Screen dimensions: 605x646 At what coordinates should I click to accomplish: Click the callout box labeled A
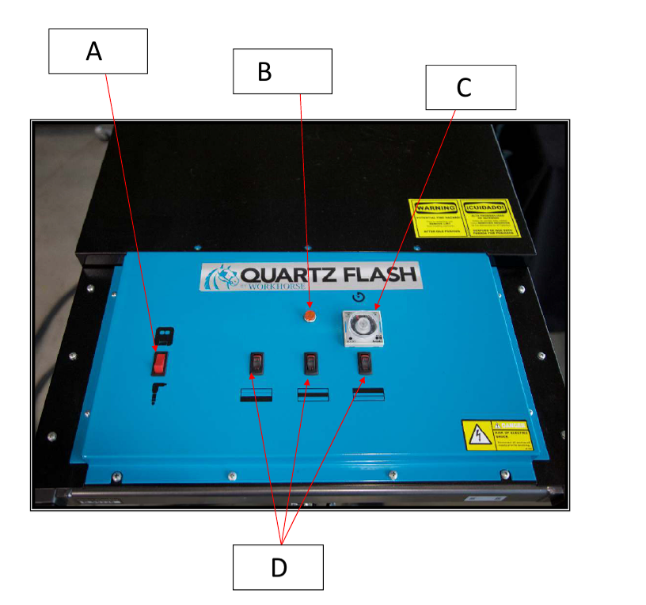point(98,51)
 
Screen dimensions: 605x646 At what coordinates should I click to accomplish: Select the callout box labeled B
point(282,71)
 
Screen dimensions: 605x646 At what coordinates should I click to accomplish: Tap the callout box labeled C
point(470,87)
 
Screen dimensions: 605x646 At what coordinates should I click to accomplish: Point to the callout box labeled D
point(278,567)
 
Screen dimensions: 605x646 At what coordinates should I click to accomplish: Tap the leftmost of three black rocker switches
point(257,363)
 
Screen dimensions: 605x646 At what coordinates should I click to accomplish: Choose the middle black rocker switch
point(311,363)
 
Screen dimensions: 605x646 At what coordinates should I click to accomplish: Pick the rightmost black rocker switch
point(365,363)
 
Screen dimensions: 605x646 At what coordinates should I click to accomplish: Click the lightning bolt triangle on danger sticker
point(479,434)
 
